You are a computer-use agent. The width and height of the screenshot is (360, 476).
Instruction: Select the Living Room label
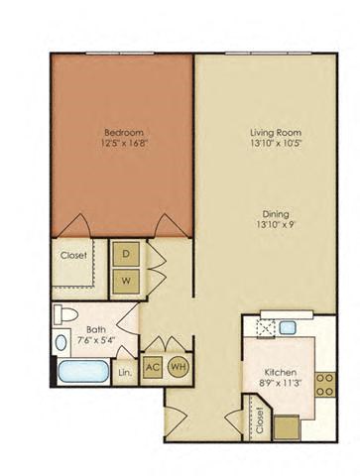click(275, 132)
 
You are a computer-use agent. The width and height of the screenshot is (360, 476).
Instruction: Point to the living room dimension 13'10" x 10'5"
click(275, 144)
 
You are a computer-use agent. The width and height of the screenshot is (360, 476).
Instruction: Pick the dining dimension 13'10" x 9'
click(275, 223)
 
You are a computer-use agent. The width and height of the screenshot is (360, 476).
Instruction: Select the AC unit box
click(154, 365)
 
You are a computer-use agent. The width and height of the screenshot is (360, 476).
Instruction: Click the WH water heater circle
click(180, 365)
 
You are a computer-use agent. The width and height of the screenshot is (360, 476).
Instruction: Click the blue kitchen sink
click(286, 327)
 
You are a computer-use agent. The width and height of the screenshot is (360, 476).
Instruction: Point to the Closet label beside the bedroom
click(74, 255)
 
